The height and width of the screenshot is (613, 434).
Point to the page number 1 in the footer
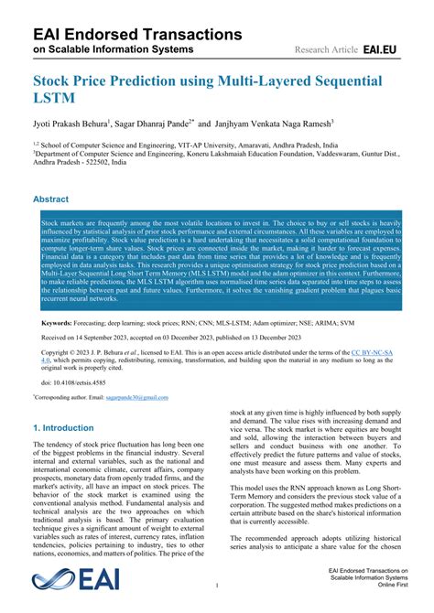click(216, 585)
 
